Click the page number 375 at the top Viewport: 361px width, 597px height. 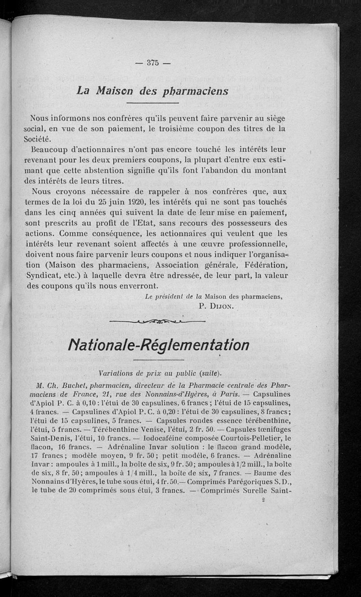click(153, 63)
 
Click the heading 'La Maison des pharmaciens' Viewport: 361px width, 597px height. click(153, 90)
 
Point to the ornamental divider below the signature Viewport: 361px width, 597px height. click(157, 321)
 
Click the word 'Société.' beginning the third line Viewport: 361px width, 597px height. click(39, 139)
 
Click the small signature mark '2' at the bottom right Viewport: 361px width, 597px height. click(263, 500)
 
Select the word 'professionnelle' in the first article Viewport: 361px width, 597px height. click(251, 244)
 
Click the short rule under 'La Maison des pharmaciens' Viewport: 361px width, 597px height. click(153, 104)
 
